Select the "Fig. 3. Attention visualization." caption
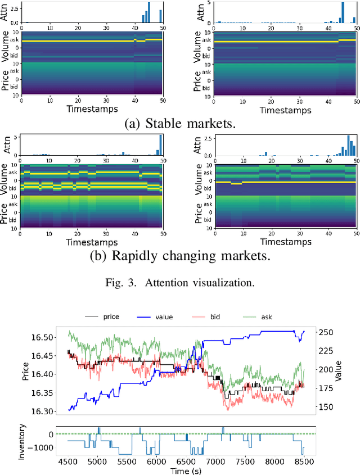tap(179, 283)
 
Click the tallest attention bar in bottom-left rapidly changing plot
tap(160, 145)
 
